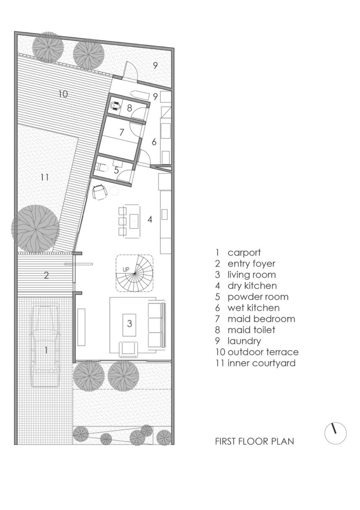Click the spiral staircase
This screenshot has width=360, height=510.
(x=134, y=273)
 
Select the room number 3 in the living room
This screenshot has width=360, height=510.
(x=129, y=323)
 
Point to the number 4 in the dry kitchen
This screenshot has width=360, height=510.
(x=150, y=219)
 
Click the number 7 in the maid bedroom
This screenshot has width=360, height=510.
(x=122, y=132)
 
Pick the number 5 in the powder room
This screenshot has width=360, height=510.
(x=116, y=170)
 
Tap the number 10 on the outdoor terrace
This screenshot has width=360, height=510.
(x=63, y=94)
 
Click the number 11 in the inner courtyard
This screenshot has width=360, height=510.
(x=45, y=177)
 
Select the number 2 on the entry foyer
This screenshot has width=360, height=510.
(x=46, y=276)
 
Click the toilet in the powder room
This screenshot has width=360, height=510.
(x=103, y=168)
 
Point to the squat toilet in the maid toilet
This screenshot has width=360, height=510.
(x=116, y=106)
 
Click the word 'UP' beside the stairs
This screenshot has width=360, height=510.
(x=126, y=270)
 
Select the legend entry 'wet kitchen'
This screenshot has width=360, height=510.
(x=253, y=308)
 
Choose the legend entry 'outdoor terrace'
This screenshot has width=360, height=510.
(x=263, y=352)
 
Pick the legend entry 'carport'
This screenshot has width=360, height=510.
(x=244, y=253)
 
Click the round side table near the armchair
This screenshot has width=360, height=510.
(x=114, y=191)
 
